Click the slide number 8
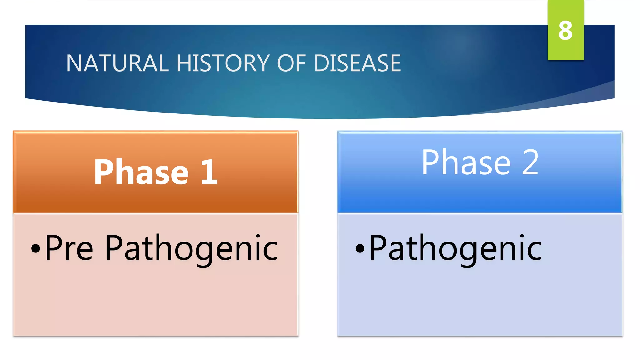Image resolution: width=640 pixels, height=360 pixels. coord(565,31)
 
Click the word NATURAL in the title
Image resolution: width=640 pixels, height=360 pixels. coord(117,63)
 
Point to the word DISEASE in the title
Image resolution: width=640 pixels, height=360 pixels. coord(357,63)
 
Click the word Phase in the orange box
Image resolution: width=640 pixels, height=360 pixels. coord(141,172)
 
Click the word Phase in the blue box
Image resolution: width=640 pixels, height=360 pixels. coord(466,162)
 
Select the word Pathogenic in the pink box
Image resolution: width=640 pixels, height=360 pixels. coord(191,248)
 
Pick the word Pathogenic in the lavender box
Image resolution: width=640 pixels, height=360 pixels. coord(456,248)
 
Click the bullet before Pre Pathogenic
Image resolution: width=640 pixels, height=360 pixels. coord(36,249)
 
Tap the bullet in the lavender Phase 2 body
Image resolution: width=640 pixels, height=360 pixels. coord(360,249)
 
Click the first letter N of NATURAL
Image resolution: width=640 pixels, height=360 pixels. coord(74,63)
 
